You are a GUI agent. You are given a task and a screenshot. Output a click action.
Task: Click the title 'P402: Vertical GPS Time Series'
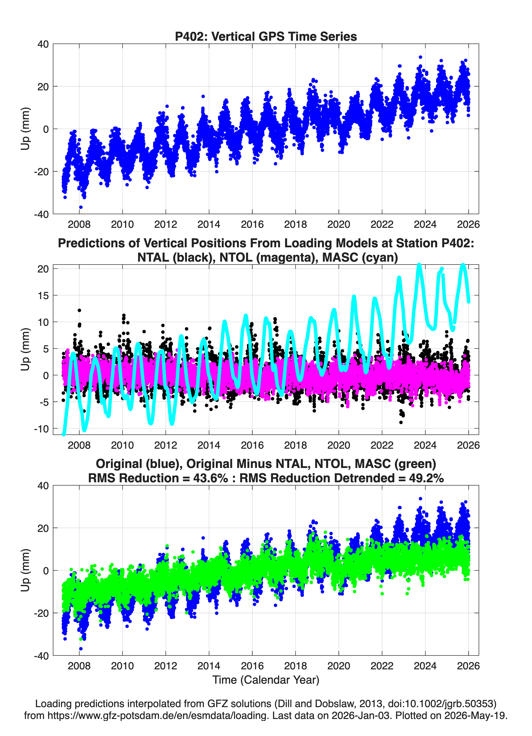point(266,36)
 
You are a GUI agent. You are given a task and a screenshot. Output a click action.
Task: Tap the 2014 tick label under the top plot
point(209,224)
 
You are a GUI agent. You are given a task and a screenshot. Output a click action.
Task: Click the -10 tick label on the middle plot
point(41,429)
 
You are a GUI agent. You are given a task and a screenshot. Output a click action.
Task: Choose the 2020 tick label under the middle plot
point(339,445)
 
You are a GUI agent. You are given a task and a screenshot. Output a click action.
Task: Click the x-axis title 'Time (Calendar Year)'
point(266,680)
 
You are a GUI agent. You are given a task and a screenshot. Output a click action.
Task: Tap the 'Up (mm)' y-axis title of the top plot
point(25,129)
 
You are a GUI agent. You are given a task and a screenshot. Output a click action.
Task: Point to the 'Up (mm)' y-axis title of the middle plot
point(25,349)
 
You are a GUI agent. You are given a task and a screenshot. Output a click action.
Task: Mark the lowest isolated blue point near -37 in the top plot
point(81,207)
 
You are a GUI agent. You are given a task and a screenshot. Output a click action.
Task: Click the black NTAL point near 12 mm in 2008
point(79,310)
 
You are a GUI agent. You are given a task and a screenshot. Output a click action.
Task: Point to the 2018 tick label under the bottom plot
point(296,666)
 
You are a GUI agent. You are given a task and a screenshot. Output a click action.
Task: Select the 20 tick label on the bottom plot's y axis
point(43,528)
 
